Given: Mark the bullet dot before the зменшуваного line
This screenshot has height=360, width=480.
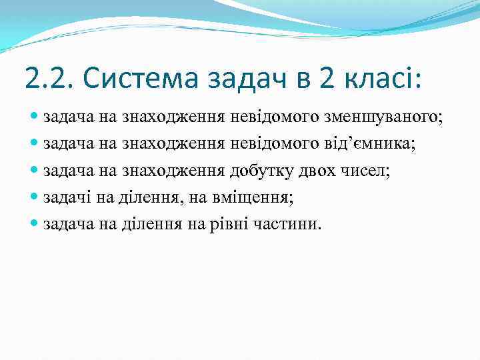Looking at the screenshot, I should pyautogui.click(x=35, y=118).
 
